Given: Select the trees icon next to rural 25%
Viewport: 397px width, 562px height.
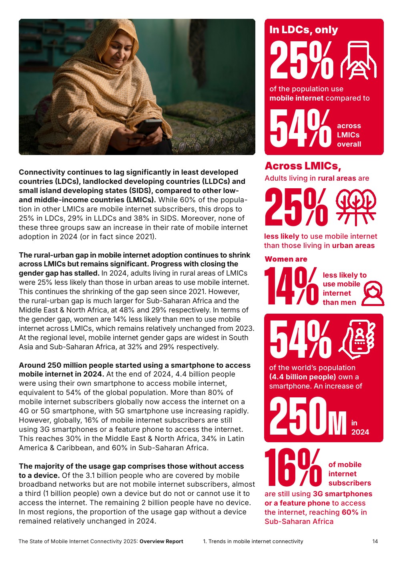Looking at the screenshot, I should tap(356, 206).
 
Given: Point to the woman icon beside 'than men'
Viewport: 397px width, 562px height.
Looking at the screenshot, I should tap(373, 294).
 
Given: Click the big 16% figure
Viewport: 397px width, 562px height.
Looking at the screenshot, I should tap(293, 467).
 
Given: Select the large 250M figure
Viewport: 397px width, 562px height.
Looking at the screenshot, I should tap(307, 417).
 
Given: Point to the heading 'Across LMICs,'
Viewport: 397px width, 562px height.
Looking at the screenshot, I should tap(303, 166).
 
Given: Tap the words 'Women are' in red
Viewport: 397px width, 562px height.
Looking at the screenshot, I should tap(286, 259).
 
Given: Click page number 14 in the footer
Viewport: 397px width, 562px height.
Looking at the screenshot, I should tap(375, 542).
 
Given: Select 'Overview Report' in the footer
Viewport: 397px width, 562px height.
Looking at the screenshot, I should tap(161, 542).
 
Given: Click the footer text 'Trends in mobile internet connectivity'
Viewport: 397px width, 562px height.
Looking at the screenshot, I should tap(256, 542).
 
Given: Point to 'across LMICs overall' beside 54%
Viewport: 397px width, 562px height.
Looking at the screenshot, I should tap(349, 135).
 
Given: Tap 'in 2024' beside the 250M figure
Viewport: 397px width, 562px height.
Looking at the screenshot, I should tap(360, 427).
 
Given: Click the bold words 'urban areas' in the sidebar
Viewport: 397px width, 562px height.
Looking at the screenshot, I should tap(353, 246).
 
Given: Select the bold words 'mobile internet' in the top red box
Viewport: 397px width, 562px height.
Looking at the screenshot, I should tap(296, 98).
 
